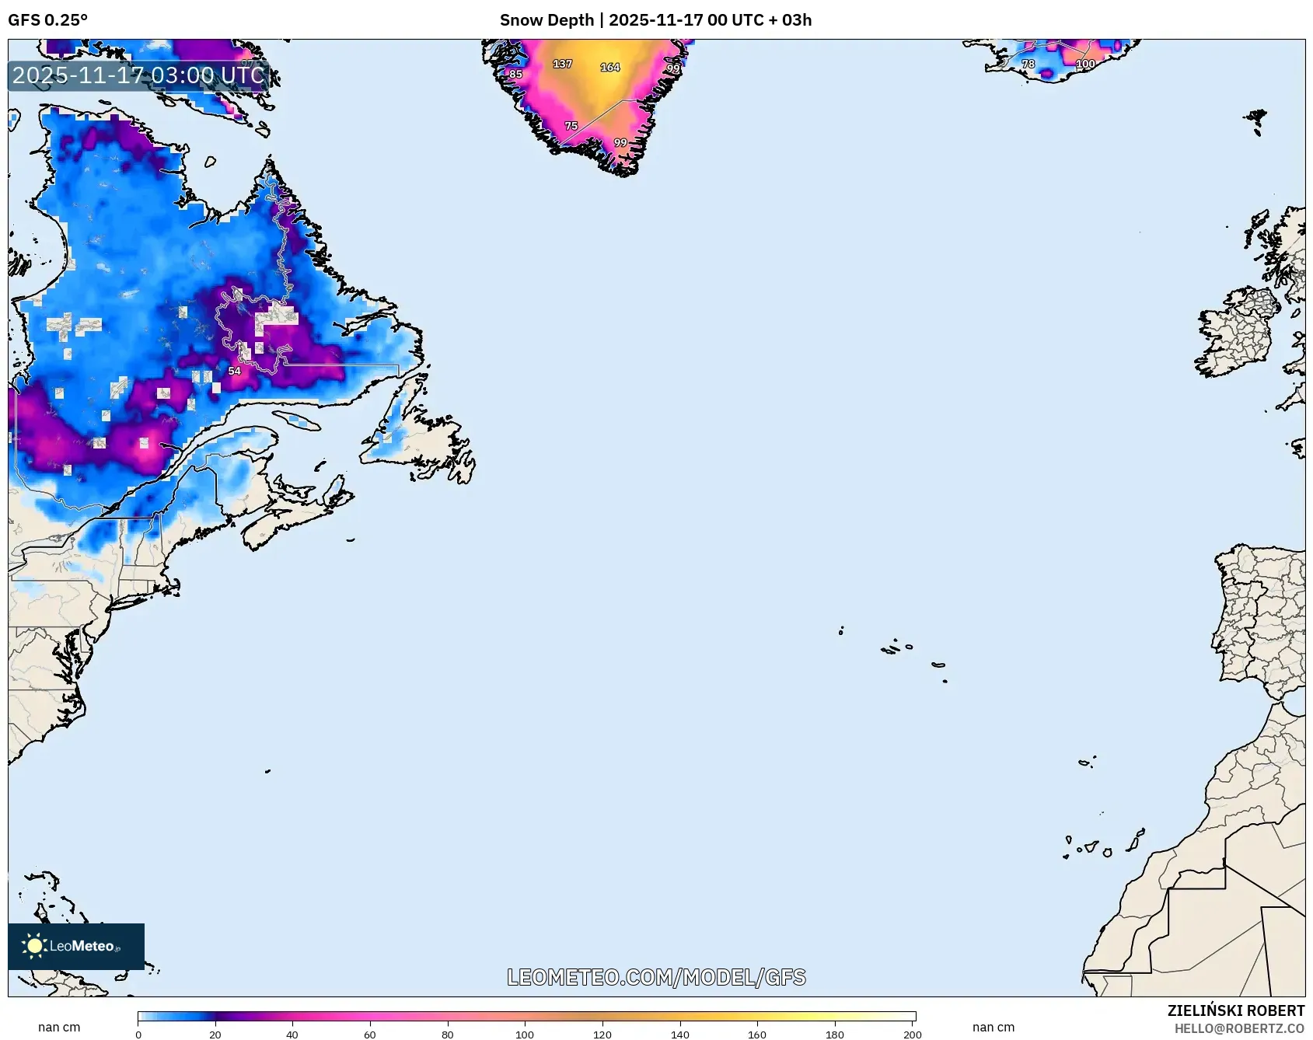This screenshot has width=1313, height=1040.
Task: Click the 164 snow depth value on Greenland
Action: click(x=610, y=68)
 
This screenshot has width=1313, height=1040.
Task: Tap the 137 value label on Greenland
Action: click(x=562, y=64)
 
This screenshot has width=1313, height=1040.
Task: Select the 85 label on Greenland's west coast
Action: click(x=515, y=75)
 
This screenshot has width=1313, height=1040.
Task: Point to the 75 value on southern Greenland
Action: click(x=571, y=126)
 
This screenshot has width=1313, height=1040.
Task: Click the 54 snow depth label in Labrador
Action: click(x=234, y=372)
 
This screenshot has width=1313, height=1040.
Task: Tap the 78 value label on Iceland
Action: click(x=1028, y=64)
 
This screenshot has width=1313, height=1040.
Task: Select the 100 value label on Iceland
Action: click(x=1085, y=64)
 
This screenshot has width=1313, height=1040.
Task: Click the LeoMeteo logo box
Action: click(x=75, y=946)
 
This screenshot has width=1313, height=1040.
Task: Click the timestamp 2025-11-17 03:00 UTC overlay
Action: click(x=138, y=75)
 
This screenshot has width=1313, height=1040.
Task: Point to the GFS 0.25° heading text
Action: click(x=47, y=20)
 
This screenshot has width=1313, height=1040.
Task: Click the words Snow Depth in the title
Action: click(x=547, y=20)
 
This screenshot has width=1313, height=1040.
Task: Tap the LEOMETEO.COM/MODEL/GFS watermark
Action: click(x=656, y=977)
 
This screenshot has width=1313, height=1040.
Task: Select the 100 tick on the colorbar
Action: click(x=525, y=1035)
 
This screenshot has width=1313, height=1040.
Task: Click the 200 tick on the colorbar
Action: click(x=913, y=1035)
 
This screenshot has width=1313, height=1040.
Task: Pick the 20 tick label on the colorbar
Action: click(x=215, y=1035)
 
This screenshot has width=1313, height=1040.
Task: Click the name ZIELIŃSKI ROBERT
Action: click(x=1235, y=1010)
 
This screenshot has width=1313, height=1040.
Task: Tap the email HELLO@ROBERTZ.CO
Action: click(x=1238, y=1028)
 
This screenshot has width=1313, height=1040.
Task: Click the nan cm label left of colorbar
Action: click(x=59, y=1027)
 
